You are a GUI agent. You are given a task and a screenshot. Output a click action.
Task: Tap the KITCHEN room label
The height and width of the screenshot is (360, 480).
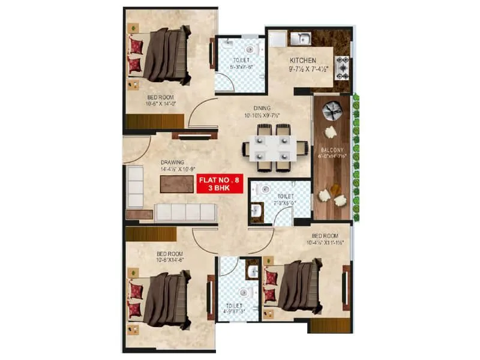click(303, 61)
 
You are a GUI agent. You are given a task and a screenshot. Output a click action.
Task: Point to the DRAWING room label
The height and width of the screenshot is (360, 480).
click(172, 162)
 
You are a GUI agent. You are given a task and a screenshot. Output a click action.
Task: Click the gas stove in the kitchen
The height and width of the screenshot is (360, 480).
click(343, 68)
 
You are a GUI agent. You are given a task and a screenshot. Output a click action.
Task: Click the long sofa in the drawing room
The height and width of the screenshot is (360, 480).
click(185, 211)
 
